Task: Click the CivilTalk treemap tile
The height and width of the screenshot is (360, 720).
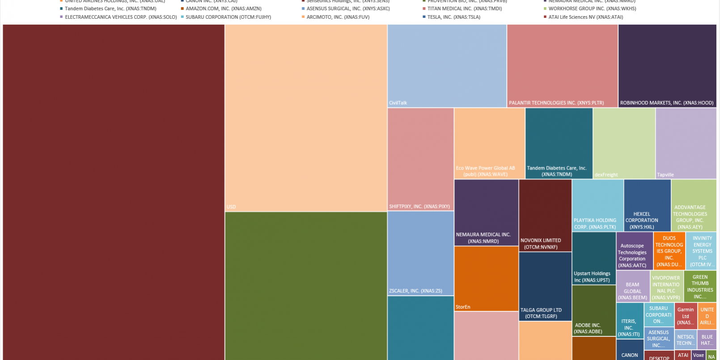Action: point(447,66)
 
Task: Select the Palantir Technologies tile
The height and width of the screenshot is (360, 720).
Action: point(562,66)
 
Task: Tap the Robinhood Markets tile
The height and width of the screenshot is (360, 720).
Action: point(667,66)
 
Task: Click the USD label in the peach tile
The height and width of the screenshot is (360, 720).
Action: point(231,207)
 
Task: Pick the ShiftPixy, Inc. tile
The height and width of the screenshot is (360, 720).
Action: point(420,159)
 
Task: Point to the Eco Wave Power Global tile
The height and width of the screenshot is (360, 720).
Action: point(489,143)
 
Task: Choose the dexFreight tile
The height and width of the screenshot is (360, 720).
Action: point(624,143)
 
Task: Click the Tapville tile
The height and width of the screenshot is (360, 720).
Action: point(686,143)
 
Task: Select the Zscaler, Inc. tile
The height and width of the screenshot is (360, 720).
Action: point(420,253)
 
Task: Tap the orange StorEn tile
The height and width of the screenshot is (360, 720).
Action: point(486,278)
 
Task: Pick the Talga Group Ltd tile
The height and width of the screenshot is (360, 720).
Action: point(545,286)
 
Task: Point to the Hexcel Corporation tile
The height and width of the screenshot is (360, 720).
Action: point(647,205)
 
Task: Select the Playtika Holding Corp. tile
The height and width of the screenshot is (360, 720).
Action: point(597,205)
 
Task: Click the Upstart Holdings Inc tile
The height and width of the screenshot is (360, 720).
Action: point(593,258)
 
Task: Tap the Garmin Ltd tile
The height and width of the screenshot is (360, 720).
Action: point(686,316)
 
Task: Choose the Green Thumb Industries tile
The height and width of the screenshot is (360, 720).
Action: point(700,286)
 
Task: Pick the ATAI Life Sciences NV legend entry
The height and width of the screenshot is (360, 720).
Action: point(585,17)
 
